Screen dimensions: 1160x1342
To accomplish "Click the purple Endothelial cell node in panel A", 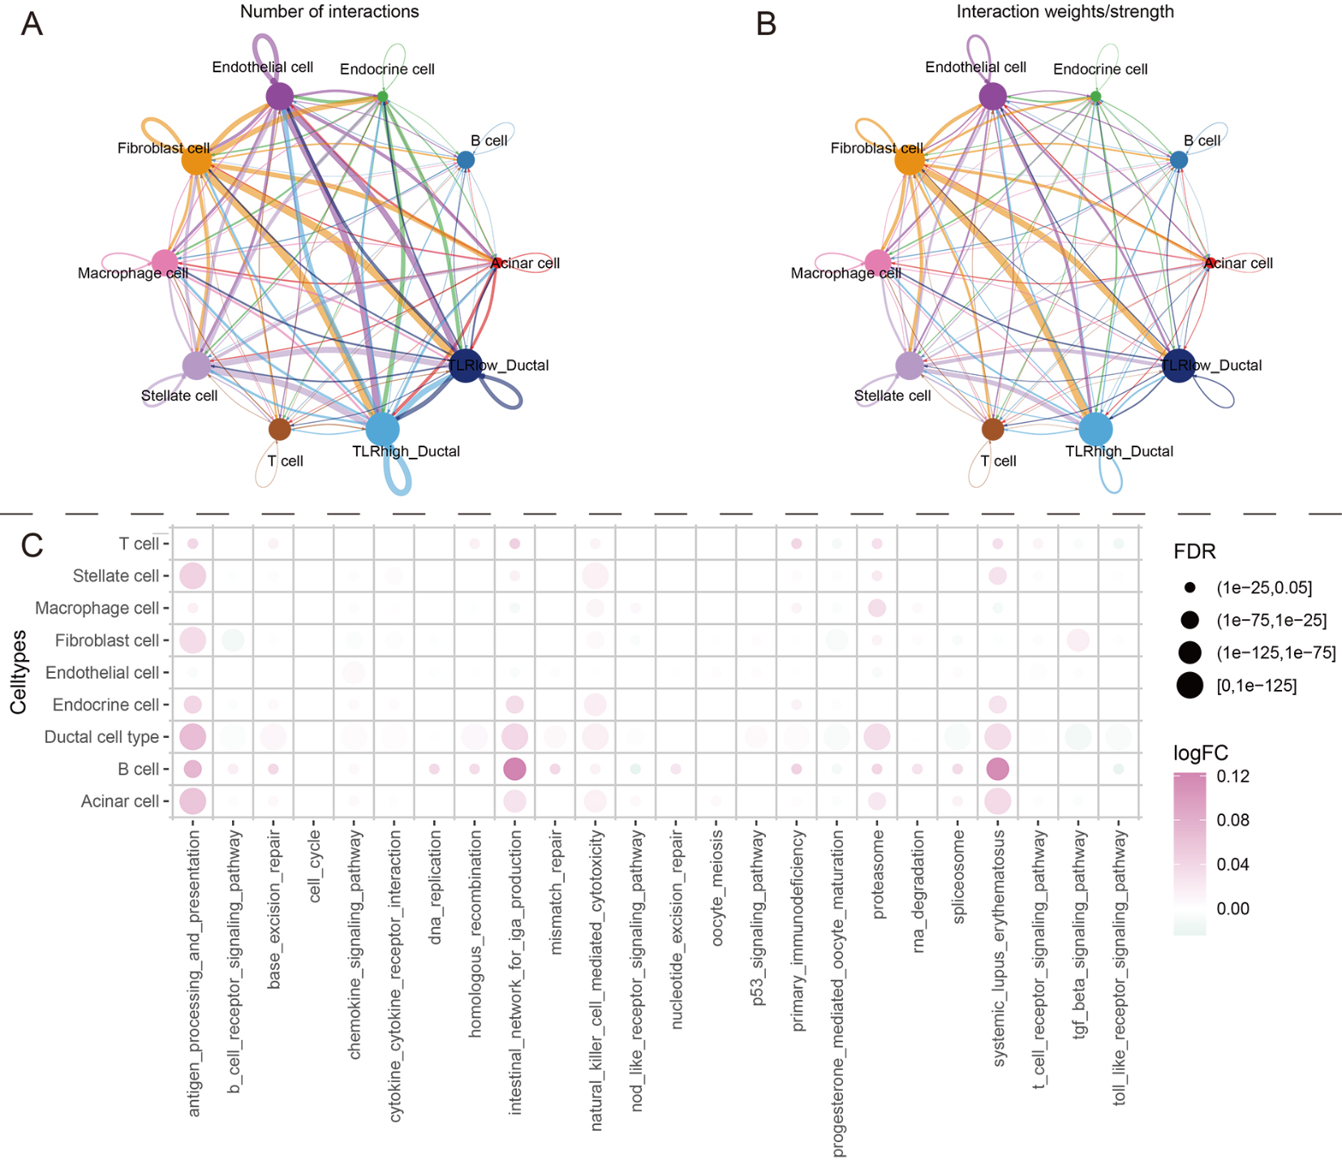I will pyautogui.click(x=279, y=97).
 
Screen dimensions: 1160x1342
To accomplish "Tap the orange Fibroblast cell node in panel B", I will pyautogui.click(x=910, y=160).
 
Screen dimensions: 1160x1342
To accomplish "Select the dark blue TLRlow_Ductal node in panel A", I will pyautogui.click(x=465, y=366).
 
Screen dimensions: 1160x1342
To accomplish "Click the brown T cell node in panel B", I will pyautogui.click(x=992, y=429).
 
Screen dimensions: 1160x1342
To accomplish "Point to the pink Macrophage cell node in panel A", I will pyautogui.click(x=165, y=262).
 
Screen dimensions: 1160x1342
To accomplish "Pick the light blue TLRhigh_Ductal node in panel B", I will pyautogui.click(x=1095, y=429).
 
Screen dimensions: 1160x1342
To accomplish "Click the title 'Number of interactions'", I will pyautogui.click(x=329, y=11).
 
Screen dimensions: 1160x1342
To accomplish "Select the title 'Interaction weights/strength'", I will pyautogui.click(x=1065, y=11).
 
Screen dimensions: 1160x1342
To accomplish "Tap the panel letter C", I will pyautogui.click(x=32, y=546).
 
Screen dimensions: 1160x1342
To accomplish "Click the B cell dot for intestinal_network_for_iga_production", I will pyautogui.click(x=514, y=769).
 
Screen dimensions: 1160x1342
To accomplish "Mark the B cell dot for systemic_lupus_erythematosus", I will pyautogui.click(x=997, y=769).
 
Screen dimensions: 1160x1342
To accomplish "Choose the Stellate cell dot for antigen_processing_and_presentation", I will pyautogui.click(x=193, y=576).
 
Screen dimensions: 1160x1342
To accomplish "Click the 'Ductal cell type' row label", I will pyautogui.click(x=101, y=737).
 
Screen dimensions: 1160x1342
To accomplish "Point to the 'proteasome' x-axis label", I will pyautogui.click(x=878, y=874).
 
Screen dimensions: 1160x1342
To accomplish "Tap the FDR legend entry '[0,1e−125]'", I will pyautogui.click(x=1256, y=686).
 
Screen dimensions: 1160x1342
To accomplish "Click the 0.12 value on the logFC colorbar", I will pyautogui.click(x=1232, y=776).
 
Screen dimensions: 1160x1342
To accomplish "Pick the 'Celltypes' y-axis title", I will pyautogui.click(x=19, y=672).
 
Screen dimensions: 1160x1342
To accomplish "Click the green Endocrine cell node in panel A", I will pyautogui.click(x=383, y=97).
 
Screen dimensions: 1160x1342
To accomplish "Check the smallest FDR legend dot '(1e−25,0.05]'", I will pyautogui.click(x=1189, y=588).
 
